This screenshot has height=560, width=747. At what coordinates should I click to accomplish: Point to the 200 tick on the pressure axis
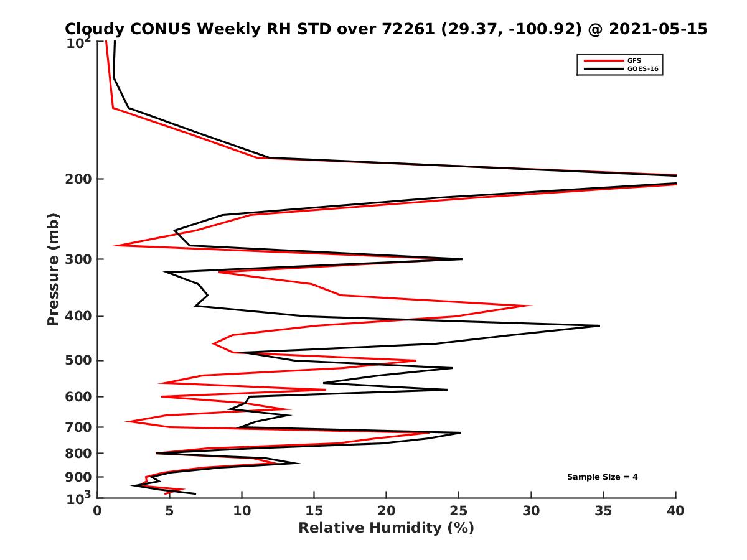pos(78,179)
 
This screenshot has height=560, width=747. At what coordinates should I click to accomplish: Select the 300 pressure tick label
pos(78,259)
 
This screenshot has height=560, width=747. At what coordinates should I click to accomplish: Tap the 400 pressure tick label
pos(78,316)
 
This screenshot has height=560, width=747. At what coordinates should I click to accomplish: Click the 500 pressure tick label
pos(78,360)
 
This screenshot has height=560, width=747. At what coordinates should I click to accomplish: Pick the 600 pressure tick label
pos(78,396)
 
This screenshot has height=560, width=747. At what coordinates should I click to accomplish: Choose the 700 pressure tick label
pos(78,427)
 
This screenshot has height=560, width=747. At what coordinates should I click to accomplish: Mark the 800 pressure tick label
pos(78,453)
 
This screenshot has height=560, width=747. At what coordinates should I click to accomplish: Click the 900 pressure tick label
pos(78,477)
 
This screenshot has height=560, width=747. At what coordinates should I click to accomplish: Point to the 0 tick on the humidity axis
pos(98,510)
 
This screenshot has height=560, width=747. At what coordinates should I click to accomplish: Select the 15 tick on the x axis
pos(314,510)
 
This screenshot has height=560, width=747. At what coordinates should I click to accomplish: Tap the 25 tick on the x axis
pos(459,510)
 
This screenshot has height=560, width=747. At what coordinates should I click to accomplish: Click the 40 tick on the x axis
pos(675,510)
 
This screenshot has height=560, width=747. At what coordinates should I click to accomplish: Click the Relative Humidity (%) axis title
pos(386,528)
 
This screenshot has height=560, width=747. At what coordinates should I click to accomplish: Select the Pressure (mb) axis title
pos(54,269)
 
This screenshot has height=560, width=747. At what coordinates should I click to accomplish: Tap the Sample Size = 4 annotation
pos(602,477)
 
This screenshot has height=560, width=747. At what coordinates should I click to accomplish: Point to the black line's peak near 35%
pos(599,325)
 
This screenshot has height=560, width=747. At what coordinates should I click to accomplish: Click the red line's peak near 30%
pos(530,306)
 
